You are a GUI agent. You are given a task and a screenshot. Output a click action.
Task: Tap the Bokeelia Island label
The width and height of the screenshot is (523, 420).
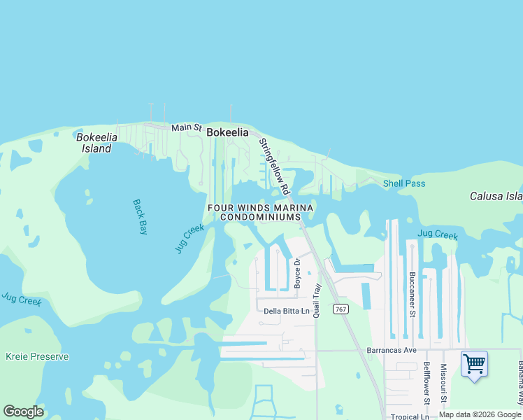94,143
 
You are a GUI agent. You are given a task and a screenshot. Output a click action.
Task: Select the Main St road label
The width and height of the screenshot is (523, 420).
187,128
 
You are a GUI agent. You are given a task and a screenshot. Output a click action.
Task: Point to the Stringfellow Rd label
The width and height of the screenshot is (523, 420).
274,166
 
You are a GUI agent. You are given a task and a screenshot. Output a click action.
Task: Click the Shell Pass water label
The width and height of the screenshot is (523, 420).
403,183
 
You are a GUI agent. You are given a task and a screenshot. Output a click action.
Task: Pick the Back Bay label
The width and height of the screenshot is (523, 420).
141,217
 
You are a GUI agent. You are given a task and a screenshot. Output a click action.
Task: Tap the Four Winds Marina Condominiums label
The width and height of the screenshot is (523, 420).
259,212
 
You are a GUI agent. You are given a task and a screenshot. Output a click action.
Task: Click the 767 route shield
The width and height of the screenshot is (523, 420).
340,309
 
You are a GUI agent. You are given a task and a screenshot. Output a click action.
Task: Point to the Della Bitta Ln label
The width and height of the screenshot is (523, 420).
286,311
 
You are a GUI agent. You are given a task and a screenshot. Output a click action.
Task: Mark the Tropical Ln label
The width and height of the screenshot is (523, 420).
410,417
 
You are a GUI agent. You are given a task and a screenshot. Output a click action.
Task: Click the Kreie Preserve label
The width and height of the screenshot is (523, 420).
37,356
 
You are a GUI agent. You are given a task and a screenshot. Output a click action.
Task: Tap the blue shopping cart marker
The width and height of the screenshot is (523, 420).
474,364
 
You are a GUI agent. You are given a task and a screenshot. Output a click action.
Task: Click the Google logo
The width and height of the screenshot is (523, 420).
23,412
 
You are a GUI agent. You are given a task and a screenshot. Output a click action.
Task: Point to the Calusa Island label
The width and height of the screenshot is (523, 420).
496,196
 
